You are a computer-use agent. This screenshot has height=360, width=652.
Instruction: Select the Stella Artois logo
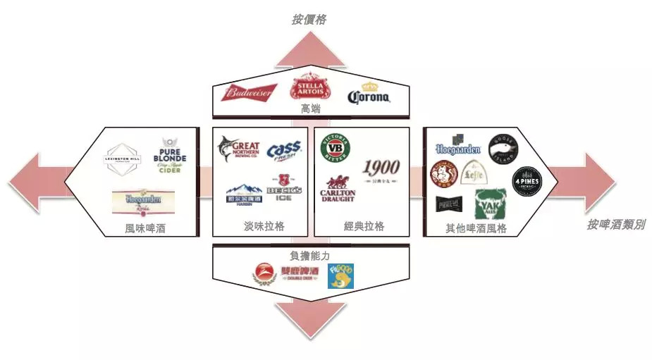[x=309, y=87]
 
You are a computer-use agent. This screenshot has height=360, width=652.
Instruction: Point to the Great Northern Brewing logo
[x=239, y=150]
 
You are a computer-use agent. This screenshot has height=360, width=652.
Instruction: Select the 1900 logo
[x=381, y=169]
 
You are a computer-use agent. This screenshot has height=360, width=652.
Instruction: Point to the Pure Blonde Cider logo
[x=170, y=156]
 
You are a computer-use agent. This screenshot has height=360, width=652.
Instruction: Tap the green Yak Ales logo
[x=491, y=204]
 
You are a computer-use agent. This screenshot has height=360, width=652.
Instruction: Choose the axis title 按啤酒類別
[x=615, y=225]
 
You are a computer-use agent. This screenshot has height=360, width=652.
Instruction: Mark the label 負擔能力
[x=310, y=254]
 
